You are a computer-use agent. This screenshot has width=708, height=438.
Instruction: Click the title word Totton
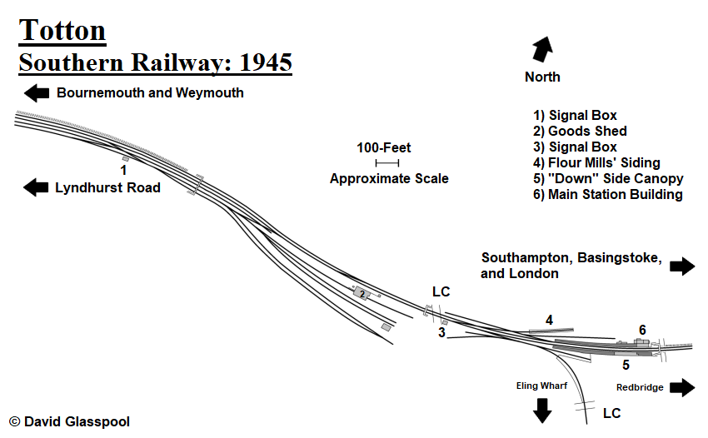62,30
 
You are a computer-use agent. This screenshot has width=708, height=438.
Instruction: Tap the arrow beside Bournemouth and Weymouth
37,92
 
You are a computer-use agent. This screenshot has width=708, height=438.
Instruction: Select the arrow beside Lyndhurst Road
37,187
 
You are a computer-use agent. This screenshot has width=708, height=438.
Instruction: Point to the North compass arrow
542,48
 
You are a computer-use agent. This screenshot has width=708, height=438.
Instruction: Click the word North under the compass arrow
542,77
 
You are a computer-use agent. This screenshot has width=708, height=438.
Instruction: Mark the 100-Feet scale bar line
387,163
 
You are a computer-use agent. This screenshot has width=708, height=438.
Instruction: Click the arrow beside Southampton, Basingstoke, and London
682,266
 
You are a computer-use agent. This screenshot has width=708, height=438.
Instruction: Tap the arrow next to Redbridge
682,387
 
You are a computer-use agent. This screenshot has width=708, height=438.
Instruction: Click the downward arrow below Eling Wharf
542,410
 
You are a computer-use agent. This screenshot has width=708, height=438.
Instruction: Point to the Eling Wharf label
542,386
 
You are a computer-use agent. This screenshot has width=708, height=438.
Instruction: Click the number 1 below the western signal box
123,170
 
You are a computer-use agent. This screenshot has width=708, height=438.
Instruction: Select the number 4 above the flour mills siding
549,320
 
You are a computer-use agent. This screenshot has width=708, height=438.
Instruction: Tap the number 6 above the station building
642,330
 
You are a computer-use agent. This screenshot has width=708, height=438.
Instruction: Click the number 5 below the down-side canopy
626,365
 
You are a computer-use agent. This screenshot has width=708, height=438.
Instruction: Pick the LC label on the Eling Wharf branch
611,413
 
